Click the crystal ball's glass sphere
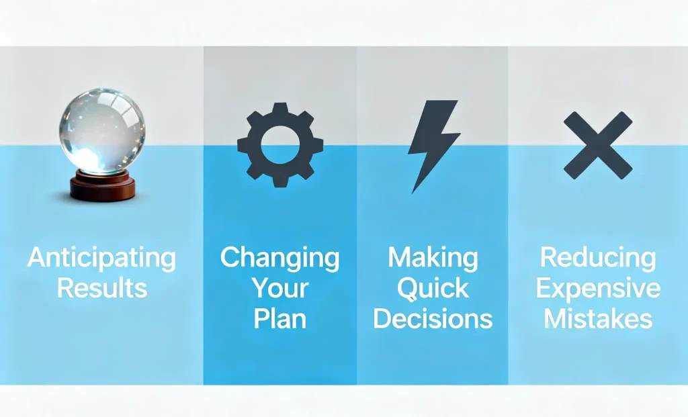[x=102, y=131]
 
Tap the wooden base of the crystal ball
[x=103, y=187]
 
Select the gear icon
[x=280, y=144]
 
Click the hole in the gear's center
[x=280, y=144]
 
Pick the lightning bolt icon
[x=433, y=146]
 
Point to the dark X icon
[x=598, y=145]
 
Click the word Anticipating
[x=102, y=258]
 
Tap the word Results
[x=102, y=288]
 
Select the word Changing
[x=280, y=258]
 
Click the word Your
[x=280, y=288]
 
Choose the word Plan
[x=280, y=319]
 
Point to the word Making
[x=433, y=258]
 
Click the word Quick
[x=433, y=289]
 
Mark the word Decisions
[x=433, y=319]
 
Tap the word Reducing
[x=598, y=258]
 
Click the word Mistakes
[x=598, y=319]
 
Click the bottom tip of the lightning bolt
[x=413, y=193]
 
